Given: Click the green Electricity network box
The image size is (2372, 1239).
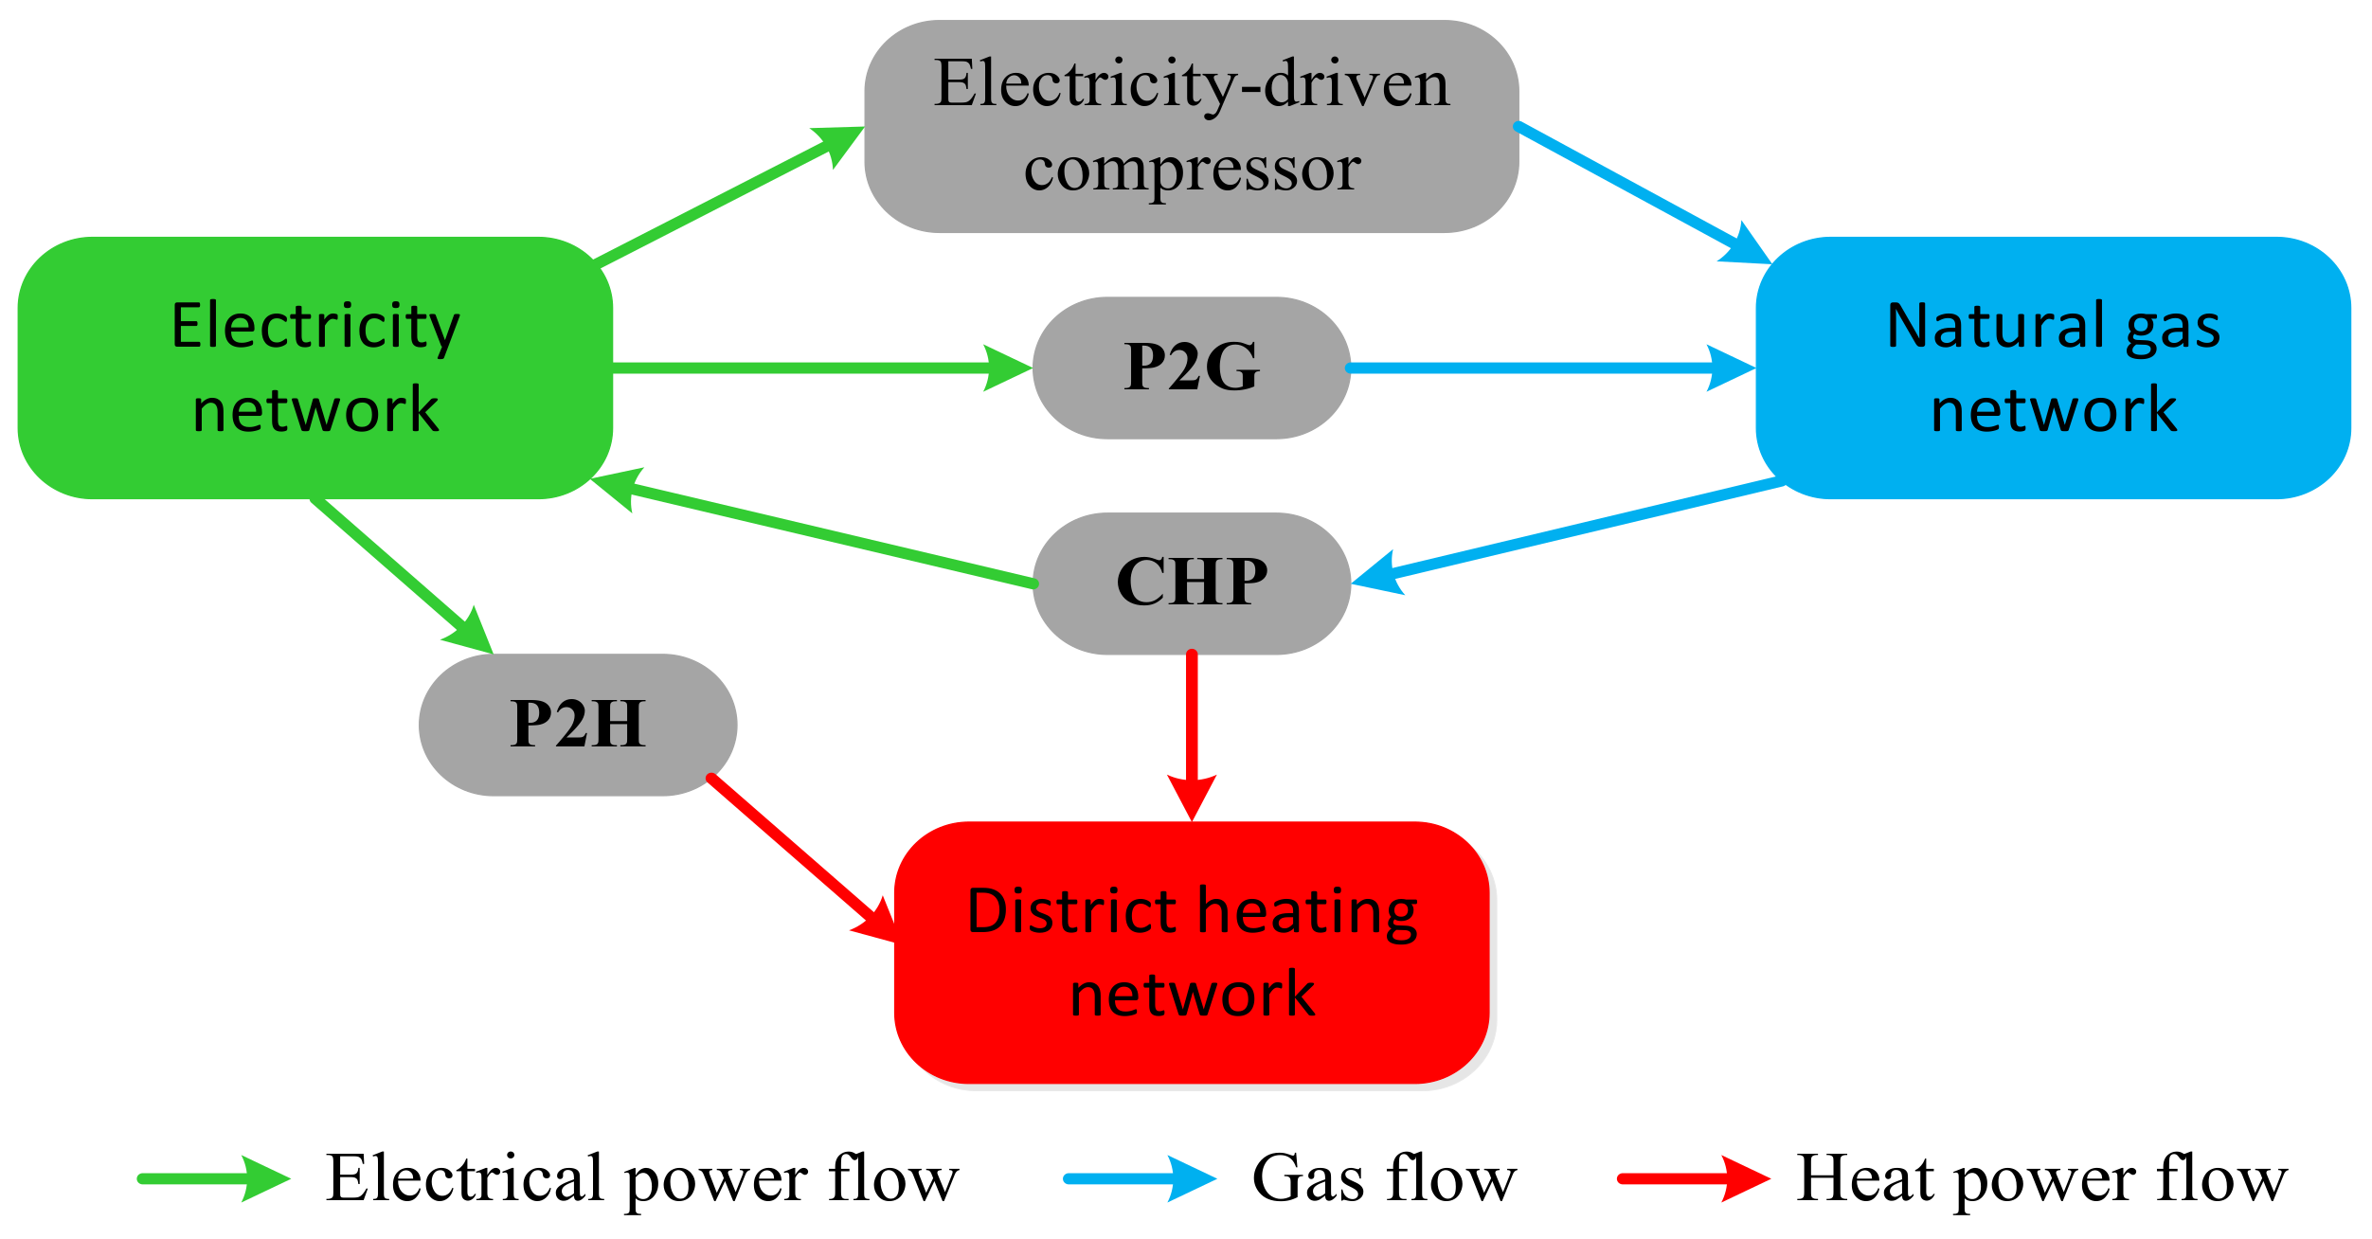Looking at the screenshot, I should click(314, 368).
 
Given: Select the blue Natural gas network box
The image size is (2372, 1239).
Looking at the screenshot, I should click(2053, 368).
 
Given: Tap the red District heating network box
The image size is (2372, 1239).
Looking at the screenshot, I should click(1192, 952).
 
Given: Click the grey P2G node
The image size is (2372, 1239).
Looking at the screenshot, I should click(1191, 368).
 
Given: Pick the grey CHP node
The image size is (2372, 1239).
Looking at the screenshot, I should click(1191, 583).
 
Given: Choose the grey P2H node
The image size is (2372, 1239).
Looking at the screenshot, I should click(578, 725).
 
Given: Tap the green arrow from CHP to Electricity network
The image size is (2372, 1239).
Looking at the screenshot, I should click(824, 534).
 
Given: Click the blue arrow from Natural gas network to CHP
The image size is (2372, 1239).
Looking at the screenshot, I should click(1572, 531).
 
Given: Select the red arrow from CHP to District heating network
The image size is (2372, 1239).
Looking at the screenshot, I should click(1192, 729).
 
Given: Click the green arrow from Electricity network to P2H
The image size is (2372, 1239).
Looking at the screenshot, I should click(398, 575).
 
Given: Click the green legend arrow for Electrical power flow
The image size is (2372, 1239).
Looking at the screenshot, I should click(213, 1179).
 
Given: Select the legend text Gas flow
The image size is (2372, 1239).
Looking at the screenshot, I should click(1384, 1179).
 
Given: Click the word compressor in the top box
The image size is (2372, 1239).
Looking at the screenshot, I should click(1192, 171).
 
